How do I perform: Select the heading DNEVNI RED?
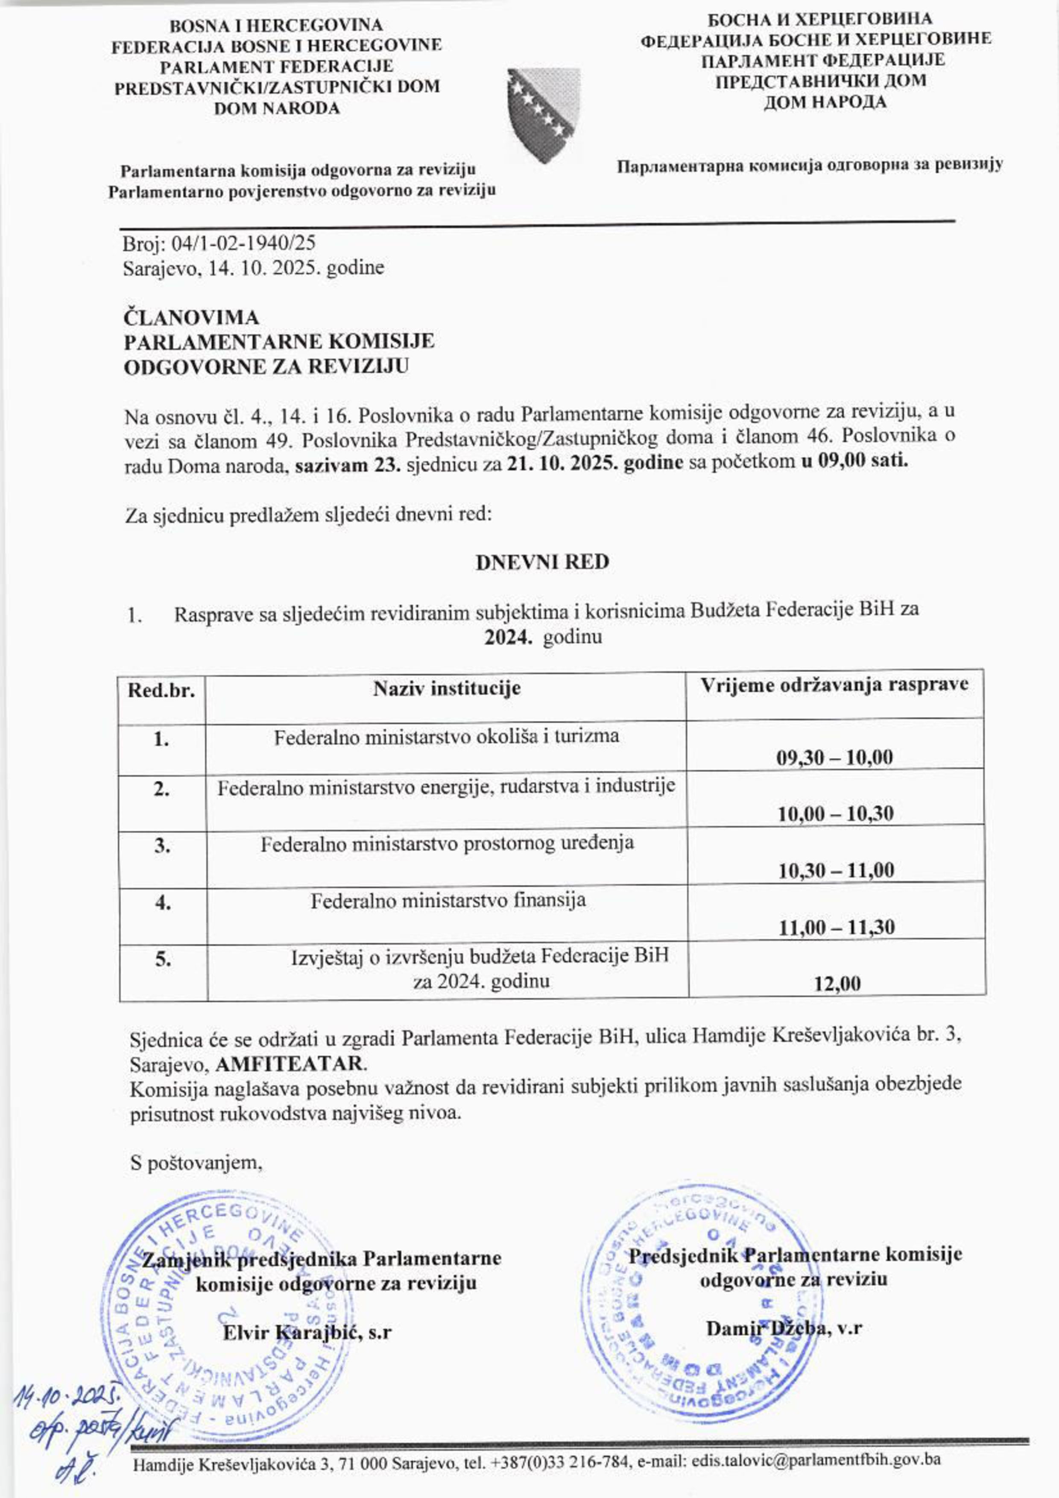[542, 562]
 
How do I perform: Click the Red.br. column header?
[161, 690]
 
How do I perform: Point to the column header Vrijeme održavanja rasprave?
[834, 685]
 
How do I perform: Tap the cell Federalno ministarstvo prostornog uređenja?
[447, 844]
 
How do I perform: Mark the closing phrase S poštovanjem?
[196, 1163]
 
